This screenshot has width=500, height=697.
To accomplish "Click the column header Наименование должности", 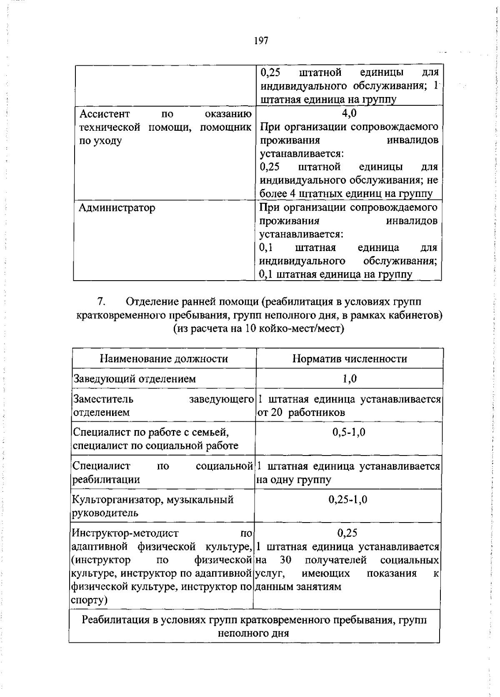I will tap(164, 358).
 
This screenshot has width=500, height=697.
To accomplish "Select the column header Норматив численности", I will tap(349, 358).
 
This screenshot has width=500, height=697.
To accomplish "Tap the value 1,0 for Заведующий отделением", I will tap(349, 378).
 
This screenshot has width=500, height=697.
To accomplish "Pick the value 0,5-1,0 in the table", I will tap(349, 432).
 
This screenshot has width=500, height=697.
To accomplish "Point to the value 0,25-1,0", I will tap(348, 499).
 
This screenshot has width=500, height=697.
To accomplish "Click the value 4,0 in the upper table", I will tap(349, 113).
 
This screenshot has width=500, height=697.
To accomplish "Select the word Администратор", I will tap(117, 207).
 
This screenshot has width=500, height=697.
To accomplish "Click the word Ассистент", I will tap(105, 114).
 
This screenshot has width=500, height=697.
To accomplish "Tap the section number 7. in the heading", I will tap(101, 301).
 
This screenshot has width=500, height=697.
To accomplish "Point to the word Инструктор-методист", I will tap(125, 533).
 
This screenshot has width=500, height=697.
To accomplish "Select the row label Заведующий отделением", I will tap(134, 378).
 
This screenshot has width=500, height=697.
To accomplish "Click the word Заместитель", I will tap(103, 399).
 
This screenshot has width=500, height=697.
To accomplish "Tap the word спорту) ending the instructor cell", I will tap(89, 600).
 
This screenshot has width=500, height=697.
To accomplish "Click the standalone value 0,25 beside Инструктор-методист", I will tap(347, 533).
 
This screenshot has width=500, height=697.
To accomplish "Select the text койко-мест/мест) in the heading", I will tap(301, 329).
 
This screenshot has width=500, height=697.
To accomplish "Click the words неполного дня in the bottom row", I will tap(253, 633).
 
